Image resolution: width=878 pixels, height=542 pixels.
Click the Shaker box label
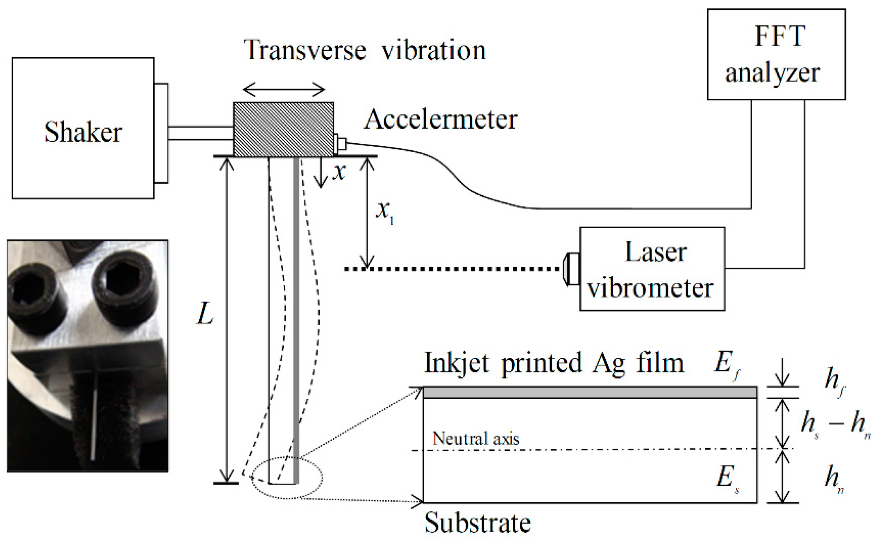coord(83,132)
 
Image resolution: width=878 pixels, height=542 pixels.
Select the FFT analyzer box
coord(776,54)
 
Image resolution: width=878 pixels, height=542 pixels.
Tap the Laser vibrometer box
coord(652,269)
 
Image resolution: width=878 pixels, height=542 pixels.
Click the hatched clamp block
coord(283,129)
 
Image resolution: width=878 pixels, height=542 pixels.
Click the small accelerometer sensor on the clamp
coord(340,143)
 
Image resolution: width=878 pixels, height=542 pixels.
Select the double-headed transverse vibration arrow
coord(284,89)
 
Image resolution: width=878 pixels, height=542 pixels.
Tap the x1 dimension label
coord(385,213)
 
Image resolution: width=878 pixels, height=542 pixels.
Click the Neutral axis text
coord(476,438)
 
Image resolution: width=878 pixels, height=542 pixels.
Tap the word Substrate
coord(478,523)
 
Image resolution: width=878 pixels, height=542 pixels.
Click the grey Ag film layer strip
coord(590,392)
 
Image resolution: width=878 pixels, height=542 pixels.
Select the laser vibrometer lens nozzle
coord(572,269)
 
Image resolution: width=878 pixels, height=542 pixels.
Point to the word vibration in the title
coord(433,50)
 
